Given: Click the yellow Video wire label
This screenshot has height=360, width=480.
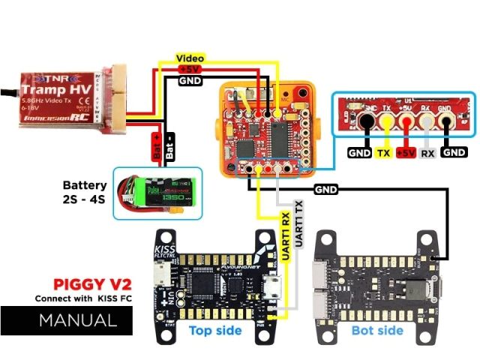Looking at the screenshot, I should coord(190,58).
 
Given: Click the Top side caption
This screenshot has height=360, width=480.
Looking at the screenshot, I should coord(215,330).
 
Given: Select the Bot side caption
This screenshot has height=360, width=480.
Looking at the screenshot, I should coord(378,330).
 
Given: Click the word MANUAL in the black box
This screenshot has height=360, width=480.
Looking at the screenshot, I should coord(78,321).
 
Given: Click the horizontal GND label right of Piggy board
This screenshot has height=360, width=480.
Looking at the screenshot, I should coord(327,190).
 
